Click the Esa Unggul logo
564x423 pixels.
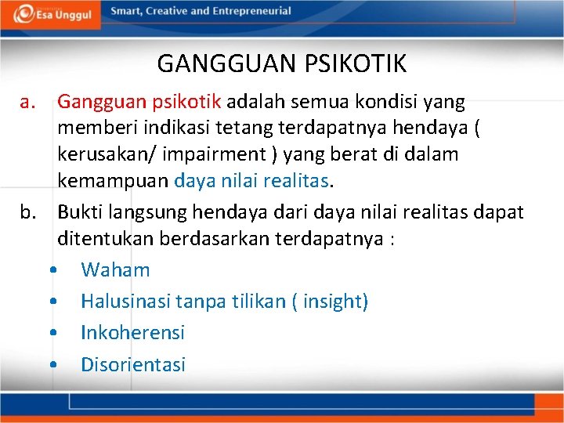click(x=50, y=14)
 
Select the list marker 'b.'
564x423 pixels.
click(x=29, y=212)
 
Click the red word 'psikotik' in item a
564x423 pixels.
click(x=193, y=103)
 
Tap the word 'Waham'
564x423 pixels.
click(x=115, y=270)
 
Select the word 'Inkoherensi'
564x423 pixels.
click(x=132, y=333)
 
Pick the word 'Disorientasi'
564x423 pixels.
click(x=133, y=364)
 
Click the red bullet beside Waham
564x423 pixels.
click(x=52, y=271)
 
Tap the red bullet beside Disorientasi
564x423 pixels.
click(x=52, y=365)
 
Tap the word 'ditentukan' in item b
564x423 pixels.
click(x=105, y=239)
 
